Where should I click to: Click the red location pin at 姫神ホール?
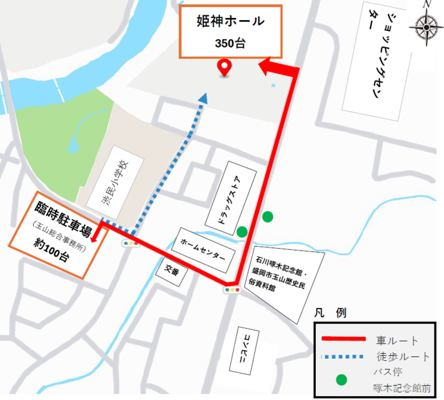pyautogui.click(x=225, y=67)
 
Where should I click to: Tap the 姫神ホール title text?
pyautogui.click(x=230, y=21)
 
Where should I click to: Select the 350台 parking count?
pyautogui.click(x=230, y=43)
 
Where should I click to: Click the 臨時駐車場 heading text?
pyautogui.click(x=62, y=211)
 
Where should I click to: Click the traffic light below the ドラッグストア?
pyautogui.click(x=232, y=290)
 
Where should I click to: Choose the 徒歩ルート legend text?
pyautogui.click(x=402, y=356)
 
